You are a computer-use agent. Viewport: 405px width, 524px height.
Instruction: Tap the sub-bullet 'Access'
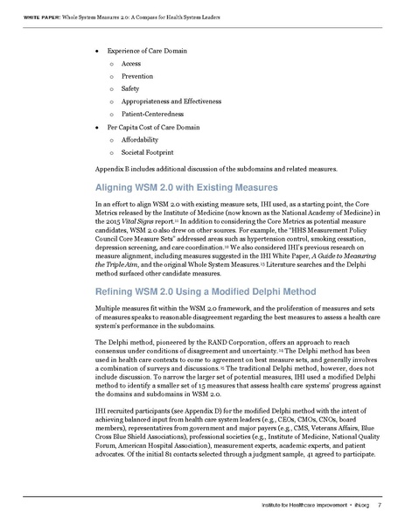pyautogui.click(x=131, y=65)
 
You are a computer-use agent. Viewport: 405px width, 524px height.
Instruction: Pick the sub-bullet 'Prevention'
pyautogui.click(x=137, y=77)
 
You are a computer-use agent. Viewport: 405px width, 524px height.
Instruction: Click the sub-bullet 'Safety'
pyautogui.click(x=131, y=89)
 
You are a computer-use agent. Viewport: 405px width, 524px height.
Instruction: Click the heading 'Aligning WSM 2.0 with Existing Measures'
pyautogui.click(x=185, y=188)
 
